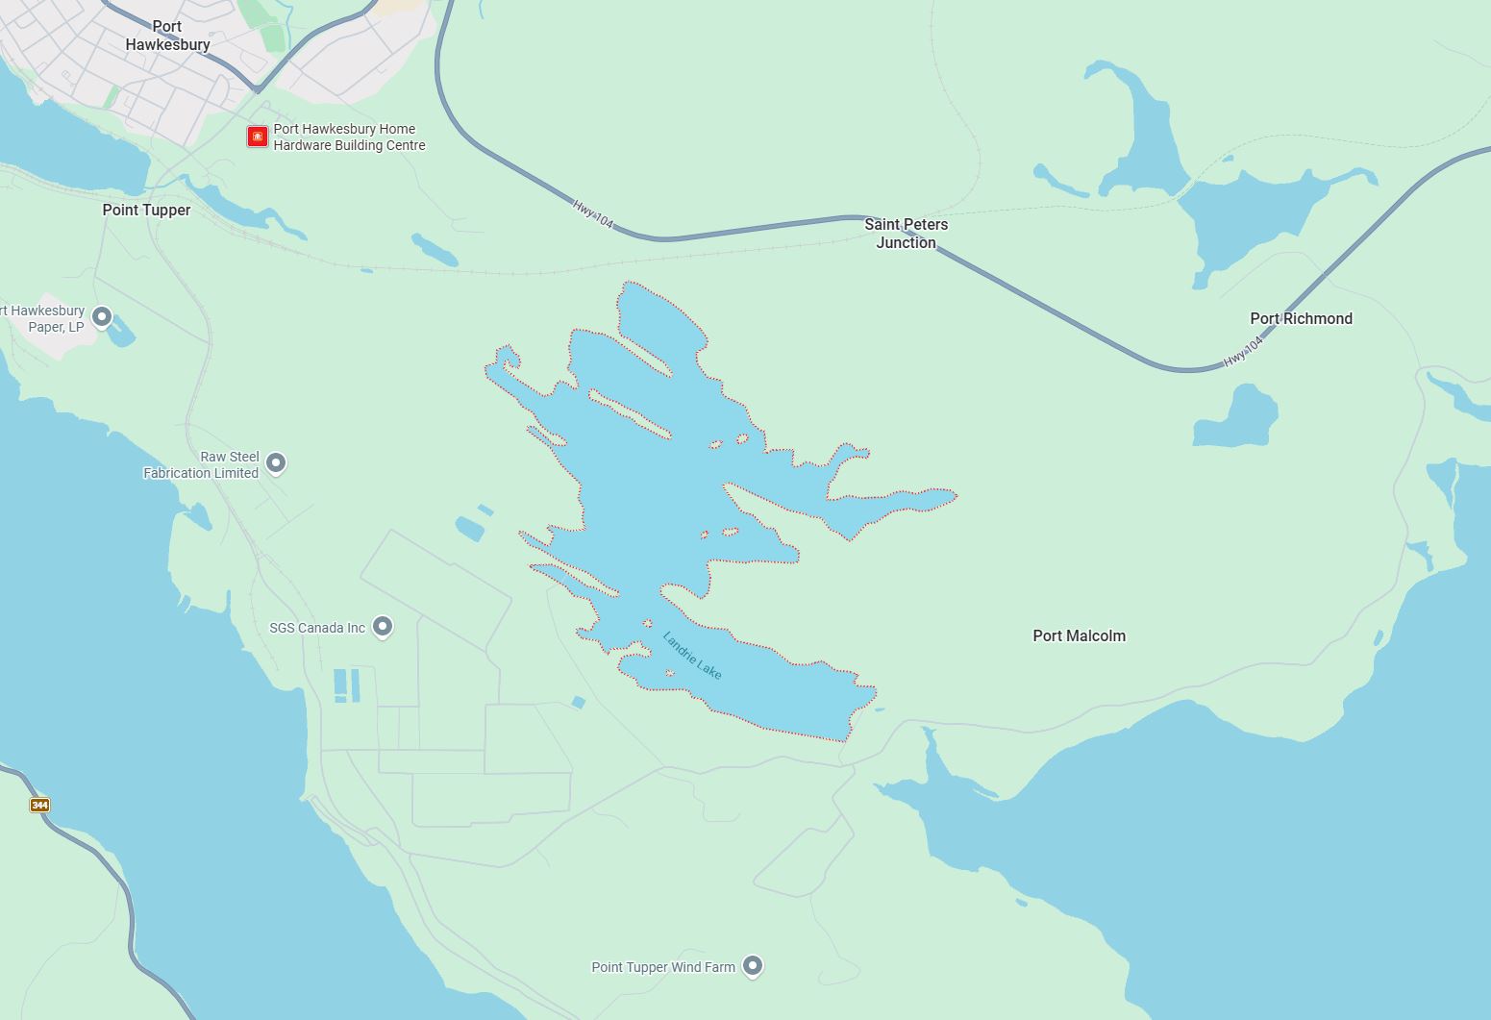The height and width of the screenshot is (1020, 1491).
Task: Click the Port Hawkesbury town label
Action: click(167, 36)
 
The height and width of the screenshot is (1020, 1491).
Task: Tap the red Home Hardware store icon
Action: click(257, 137)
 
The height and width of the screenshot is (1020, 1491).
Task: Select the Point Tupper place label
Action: click(146, 210)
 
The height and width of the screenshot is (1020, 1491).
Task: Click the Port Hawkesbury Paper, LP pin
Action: click(101, 316)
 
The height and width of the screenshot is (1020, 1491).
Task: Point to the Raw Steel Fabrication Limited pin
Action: click(276, 463)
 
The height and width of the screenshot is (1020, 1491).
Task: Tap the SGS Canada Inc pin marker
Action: click(383, 627)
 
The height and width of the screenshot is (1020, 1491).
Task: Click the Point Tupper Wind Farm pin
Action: click(753, 965)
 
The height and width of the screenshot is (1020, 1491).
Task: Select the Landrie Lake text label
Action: click(692, 656)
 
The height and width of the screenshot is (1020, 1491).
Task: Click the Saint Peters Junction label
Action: click(906, 234)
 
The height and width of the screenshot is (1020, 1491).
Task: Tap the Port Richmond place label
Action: click(1301, 318)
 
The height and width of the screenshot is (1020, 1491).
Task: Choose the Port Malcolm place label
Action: click(1079, 635)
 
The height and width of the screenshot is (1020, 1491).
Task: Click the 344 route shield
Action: click(39, 805)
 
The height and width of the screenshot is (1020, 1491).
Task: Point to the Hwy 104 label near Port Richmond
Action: click(1242, 352)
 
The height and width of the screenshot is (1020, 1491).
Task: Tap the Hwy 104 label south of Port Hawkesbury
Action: click(592, 213)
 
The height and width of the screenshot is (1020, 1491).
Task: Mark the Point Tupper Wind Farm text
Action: click(662, 967)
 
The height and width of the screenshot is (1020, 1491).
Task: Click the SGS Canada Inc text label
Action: click(317, 628)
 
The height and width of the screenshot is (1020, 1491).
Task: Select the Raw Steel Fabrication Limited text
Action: click(202, 465)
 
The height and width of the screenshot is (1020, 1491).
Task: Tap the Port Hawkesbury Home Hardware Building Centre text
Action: click(349, 137)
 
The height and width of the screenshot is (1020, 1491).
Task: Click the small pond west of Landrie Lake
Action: click(470, 528)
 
